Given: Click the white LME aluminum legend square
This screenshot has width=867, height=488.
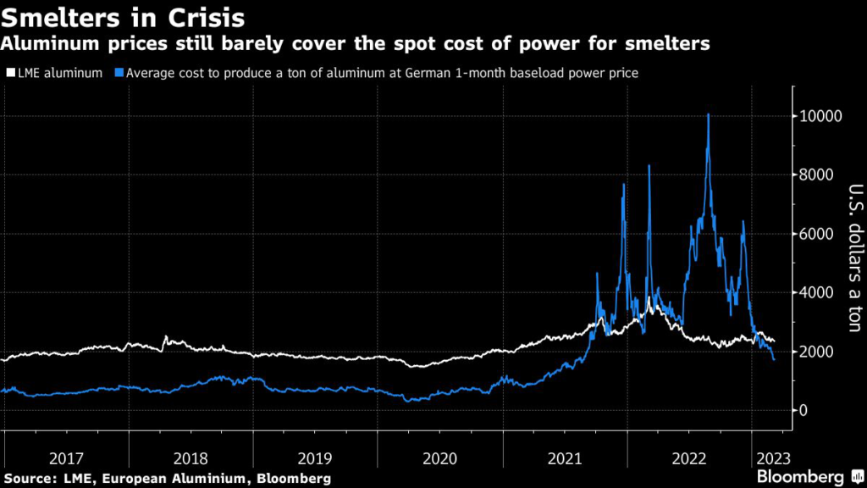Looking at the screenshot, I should pyautogui.click(x=9, y=74).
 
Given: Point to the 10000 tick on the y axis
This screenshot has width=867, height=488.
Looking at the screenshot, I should pyautogui.click(x=820, y=116).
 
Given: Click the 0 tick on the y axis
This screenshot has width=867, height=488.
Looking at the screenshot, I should pyautogui.click(x=805, y=411).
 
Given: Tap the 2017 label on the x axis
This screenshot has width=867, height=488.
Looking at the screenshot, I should pyautogui.click(x=66, y=458).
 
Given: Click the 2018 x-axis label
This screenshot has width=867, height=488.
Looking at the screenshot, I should pyautogui.click(x=191, y=458).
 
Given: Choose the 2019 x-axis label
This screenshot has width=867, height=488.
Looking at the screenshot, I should pyautogui.click(x=315, y=458).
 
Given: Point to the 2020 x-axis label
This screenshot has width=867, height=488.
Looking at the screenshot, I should pyautogui.click(x=439, y=458).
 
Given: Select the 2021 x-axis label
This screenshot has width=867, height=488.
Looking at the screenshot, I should pyautogui.click(x=564, y=458).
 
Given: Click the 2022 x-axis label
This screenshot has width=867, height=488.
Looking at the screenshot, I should pyautogui.click(x=688, y=458).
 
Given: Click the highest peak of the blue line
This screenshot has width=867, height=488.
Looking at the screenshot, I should pyautogui.click(x=708, y=114).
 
